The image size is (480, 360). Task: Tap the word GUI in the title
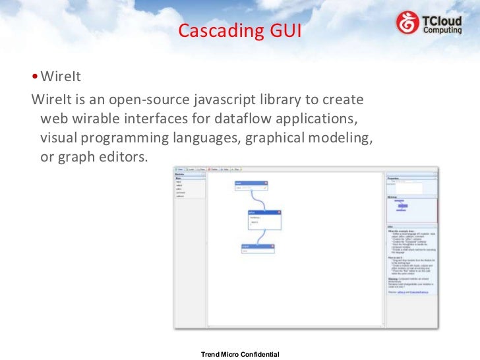click(282, 30)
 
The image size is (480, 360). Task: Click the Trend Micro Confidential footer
click(239, 355)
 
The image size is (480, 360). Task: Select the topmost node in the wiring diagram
click(251, 186)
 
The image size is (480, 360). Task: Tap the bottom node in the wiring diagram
click(258, 249)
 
